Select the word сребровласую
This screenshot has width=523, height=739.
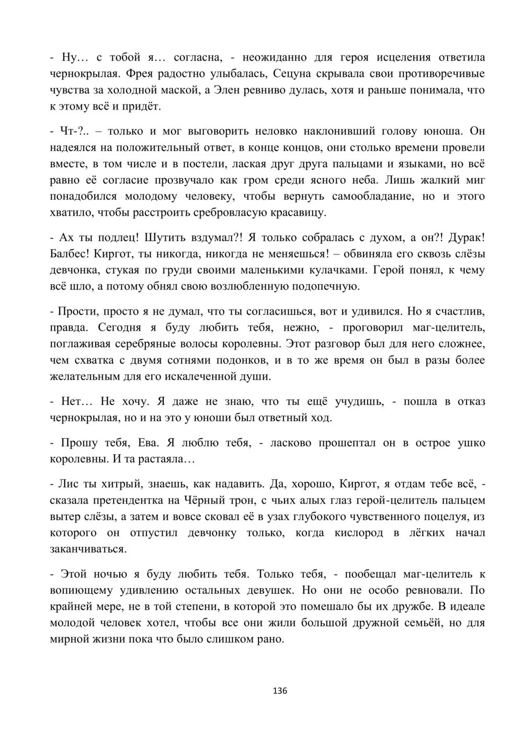tap(236, 213)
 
